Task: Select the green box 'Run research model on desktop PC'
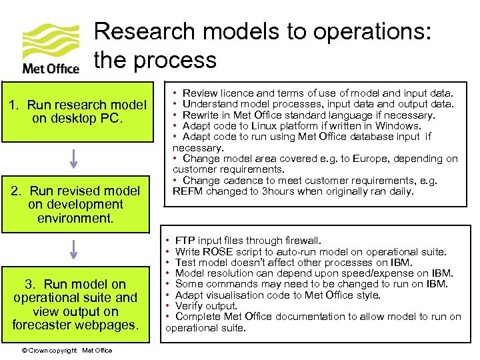(77, 111)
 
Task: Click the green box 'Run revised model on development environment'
(77, 205)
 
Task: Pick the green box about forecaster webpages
(75, 305)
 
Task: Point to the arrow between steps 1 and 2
(74, 158)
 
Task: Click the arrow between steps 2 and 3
(74, 249)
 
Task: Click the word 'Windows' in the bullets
(398, 126)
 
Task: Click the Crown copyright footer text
(66, 351)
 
